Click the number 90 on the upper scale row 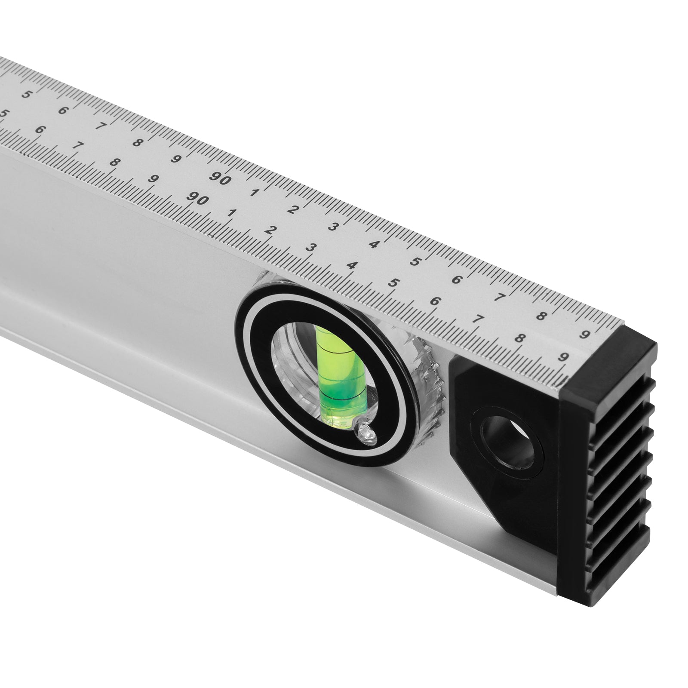pyautogui.click(x=221, y=179)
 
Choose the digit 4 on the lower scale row pyautogui.click(x=352, y=265)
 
